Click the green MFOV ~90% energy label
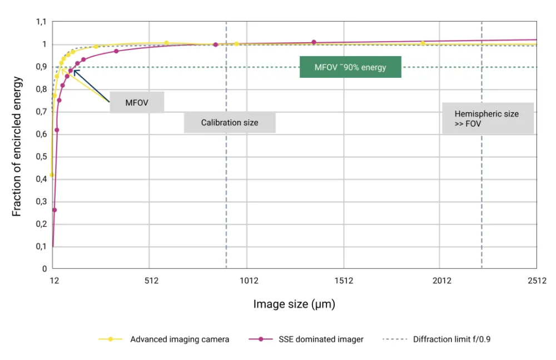pos(350,67)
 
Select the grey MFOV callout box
pos(136,102)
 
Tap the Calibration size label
pos(230,122)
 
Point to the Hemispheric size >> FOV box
pos(487,118)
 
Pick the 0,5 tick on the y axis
pos(41,157)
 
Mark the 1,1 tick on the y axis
pos(41,22)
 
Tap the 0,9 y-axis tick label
pos(41,67)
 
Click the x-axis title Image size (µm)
pos(294,304)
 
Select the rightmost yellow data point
pos(423,43)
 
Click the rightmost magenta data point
pos(314,42)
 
